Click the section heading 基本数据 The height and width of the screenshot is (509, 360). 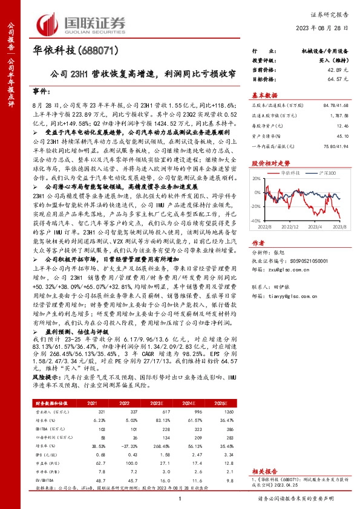264,95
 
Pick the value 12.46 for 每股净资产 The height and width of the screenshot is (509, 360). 342,126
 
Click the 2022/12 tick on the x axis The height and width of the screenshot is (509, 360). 292,227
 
